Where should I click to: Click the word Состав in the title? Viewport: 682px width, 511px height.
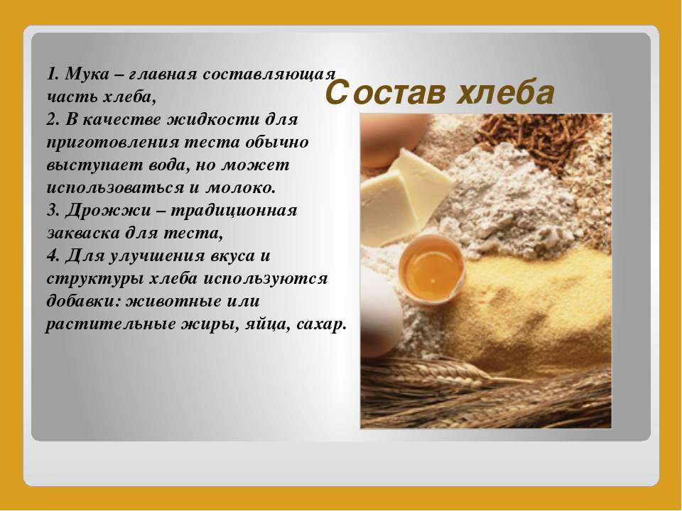tap(385, 92)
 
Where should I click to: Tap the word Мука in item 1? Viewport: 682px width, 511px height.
tap(87, 75)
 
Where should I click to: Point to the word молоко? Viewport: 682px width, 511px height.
tap(241, 187)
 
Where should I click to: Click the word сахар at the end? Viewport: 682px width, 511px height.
tap(321, 324)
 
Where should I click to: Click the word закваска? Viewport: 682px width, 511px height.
tap(82, 233)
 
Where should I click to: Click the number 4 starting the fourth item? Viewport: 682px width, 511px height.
tap(52, 255)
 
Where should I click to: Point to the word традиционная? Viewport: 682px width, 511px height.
tap(233, 211)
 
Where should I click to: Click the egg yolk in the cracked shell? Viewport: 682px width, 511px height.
tap(431, 270)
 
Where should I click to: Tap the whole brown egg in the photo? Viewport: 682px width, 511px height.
tap(394, 140)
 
